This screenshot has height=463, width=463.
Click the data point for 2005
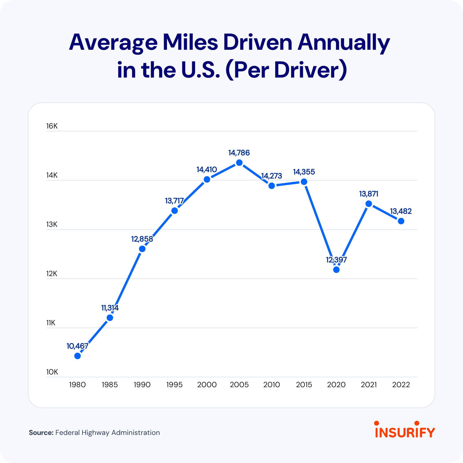(x=239, y=163)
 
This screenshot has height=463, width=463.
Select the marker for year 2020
(x=336, y=270)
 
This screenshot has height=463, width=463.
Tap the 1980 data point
(x=78, y=356)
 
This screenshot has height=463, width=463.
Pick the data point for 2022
(x=401, y=221)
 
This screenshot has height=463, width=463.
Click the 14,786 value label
(x=239, y=153)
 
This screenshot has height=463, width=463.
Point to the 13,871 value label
(x=369, y=194)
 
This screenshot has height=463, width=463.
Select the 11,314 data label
(x=110, y=308)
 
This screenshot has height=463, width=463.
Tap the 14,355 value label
(x=304, y=172)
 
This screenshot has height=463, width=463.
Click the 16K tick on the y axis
(x=52, y=126)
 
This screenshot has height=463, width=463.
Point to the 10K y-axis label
(x=52, y=372)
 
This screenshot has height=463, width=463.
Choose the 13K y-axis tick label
(x=52, y=225)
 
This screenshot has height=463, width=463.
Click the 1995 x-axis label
(x=174, y=385)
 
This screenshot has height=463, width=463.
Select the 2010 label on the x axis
(x=272, y=385)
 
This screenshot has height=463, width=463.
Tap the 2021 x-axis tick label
(x=369, y=385)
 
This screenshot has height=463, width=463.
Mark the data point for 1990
(x=142, y=249)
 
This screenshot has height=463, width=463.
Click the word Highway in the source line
(x=95, y=433)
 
